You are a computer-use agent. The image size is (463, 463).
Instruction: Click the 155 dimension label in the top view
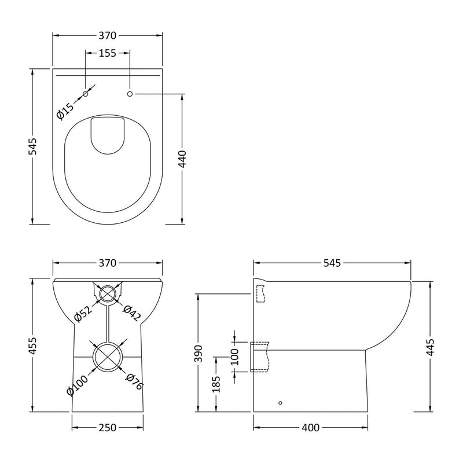click(108, 53)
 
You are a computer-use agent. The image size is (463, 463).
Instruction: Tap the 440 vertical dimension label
click(183, 157)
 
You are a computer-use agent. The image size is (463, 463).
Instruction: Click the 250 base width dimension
click(108, 428)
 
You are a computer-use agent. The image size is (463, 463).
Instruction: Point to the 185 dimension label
click(216, 384)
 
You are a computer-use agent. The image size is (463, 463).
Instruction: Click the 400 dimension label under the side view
click(310, 428)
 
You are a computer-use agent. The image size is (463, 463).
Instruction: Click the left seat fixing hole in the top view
click(86, 94)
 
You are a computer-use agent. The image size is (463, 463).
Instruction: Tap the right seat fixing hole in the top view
click(130, 94)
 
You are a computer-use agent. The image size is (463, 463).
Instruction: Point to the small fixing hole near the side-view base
click(281, 402)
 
